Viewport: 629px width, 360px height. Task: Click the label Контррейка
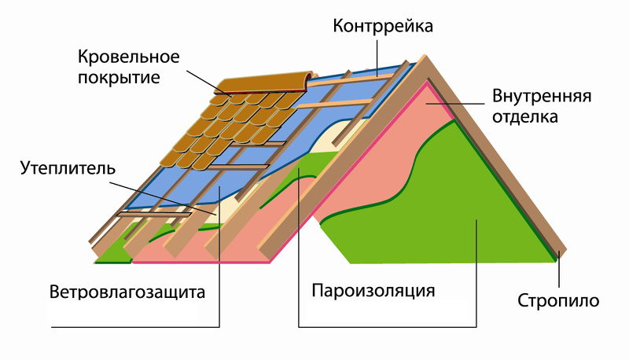383,27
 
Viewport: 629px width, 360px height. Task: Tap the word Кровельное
130,58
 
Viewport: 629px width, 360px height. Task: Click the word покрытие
120,78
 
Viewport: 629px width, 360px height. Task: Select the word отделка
525,118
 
